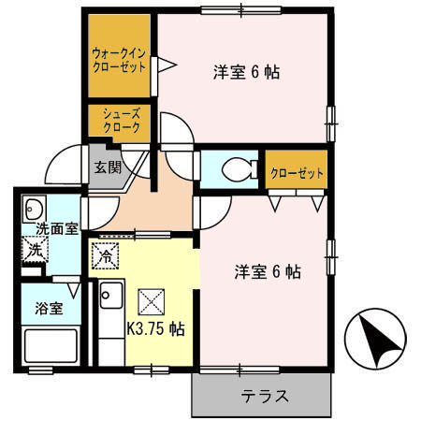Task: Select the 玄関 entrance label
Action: point(104,168)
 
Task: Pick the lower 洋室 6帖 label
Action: point(267,272)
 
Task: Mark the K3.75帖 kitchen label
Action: point(154,329)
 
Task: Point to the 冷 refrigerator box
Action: point(106,253)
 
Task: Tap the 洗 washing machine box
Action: point(34,251)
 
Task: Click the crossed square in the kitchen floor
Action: point(150,301)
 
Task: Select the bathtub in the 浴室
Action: point(49,347)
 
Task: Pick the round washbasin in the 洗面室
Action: point(34,208)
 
